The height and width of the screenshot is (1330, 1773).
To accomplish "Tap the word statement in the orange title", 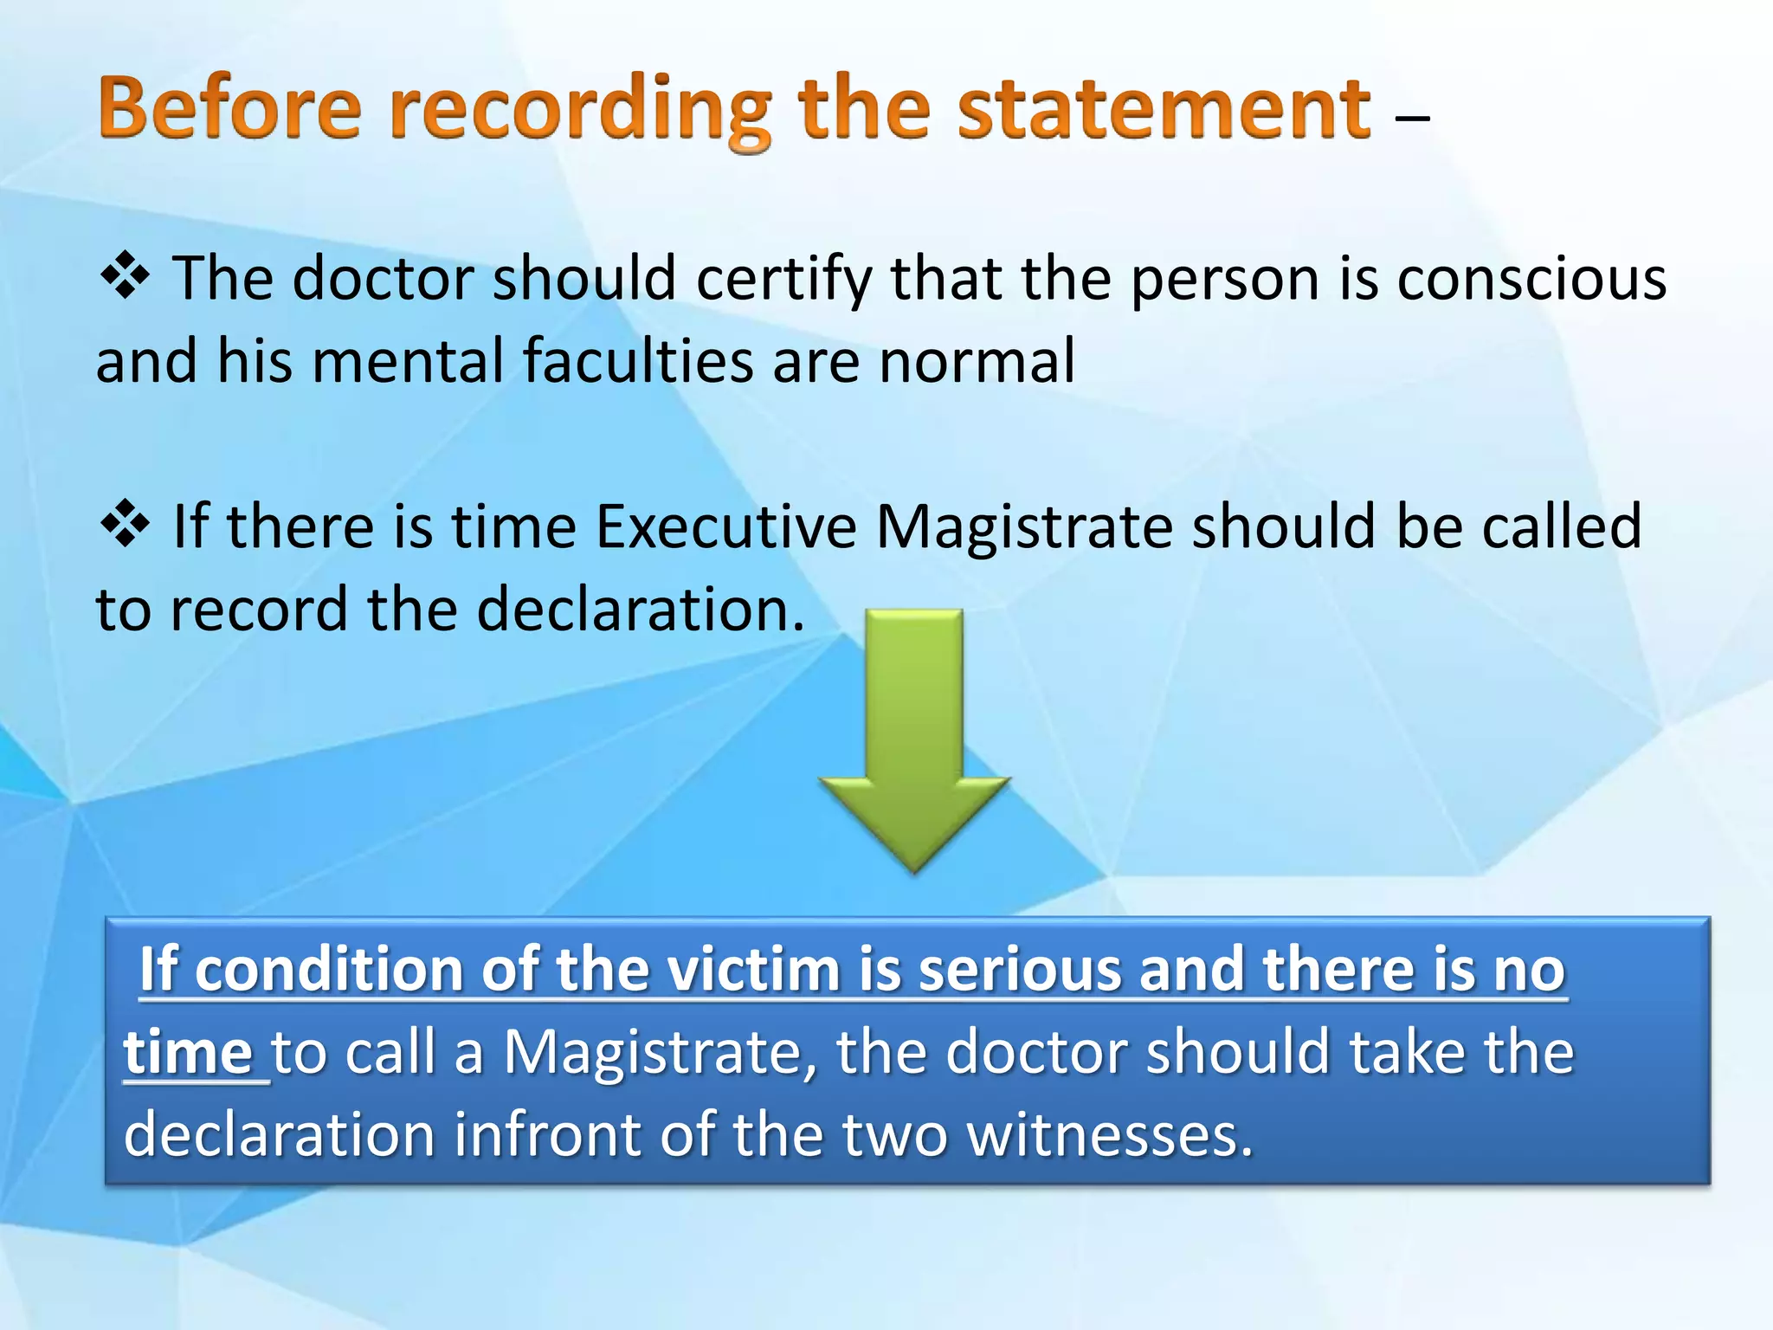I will point(1164,109).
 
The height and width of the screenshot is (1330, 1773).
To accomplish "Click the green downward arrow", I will point(914,736).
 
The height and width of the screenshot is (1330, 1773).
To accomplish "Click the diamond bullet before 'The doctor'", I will point(126,275).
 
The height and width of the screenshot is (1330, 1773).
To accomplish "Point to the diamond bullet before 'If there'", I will point(126,524).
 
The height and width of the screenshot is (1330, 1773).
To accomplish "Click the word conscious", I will point(1531,279).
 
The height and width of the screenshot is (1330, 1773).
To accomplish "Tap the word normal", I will point(977,360).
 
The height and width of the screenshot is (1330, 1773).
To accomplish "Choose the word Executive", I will point(725,526).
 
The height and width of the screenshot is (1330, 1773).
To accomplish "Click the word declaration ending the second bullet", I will point(641,610).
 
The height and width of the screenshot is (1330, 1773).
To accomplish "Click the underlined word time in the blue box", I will point(189,1052).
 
